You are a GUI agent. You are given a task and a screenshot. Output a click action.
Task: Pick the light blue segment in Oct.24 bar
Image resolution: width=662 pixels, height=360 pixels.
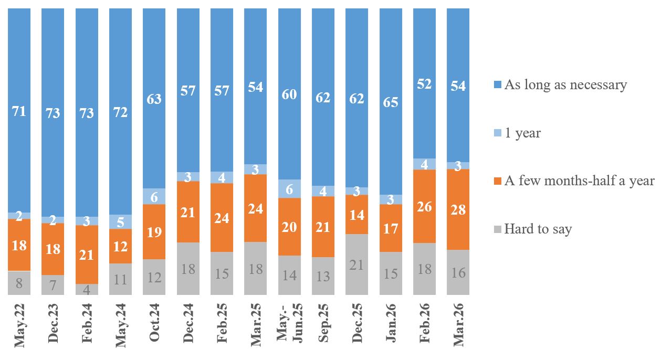coord(154,196)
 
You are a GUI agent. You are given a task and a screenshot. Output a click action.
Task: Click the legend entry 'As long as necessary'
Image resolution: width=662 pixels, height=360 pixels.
coord(565,85)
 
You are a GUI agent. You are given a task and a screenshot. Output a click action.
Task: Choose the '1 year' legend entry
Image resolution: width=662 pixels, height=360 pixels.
coord(522,133)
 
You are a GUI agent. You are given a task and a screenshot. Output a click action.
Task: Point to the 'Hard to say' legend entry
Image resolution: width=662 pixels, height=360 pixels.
coord(537,229)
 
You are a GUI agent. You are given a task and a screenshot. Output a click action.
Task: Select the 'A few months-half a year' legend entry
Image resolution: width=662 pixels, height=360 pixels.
coord(579,181)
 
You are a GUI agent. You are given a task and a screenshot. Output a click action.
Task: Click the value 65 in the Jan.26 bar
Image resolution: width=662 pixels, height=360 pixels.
coord(391,102)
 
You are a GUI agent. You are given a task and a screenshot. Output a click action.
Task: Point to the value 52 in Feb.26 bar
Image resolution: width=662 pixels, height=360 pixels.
coord(424,84)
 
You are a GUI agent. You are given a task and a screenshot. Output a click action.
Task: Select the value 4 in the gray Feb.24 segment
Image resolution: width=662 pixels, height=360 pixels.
coord(87,289)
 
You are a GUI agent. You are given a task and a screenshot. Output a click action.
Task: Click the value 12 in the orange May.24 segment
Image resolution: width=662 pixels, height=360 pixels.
coord(121,246)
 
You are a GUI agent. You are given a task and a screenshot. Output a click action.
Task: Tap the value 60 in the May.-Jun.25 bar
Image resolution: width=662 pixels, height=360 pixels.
coord(289,94)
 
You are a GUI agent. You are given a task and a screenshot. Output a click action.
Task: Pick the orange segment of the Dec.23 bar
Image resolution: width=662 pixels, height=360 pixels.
coord(53,249)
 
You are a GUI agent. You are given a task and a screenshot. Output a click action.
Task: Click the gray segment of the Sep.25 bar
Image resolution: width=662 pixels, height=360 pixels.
coord(323,276)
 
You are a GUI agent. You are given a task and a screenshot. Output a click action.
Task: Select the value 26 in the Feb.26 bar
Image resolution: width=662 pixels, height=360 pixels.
coord(424,207)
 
